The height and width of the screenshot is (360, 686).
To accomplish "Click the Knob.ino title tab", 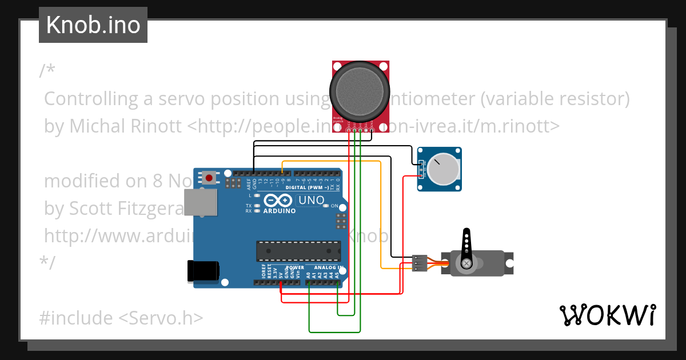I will (93, 25).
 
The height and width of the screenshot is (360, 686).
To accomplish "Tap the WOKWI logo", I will (607, 315).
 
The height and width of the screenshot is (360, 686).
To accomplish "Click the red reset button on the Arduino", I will (209, 178).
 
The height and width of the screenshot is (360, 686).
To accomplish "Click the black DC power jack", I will (203, 270).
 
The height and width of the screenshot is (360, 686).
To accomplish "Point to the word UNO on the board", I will (312, 201).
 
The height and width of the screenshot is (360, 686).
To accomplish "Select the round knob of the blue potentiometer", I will (444, 169).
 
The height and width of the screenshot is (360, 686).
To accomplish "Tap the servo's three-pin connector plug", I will (419, 263).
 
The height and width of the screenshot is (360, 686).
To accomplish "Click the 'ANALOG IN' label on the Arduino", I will (328, 267).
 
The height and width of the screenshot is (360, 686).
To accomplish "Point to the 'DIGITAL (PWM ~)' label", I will (306, 187).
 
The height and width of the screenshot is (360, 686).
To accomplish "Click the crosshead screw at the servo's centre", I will (467, 263).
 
